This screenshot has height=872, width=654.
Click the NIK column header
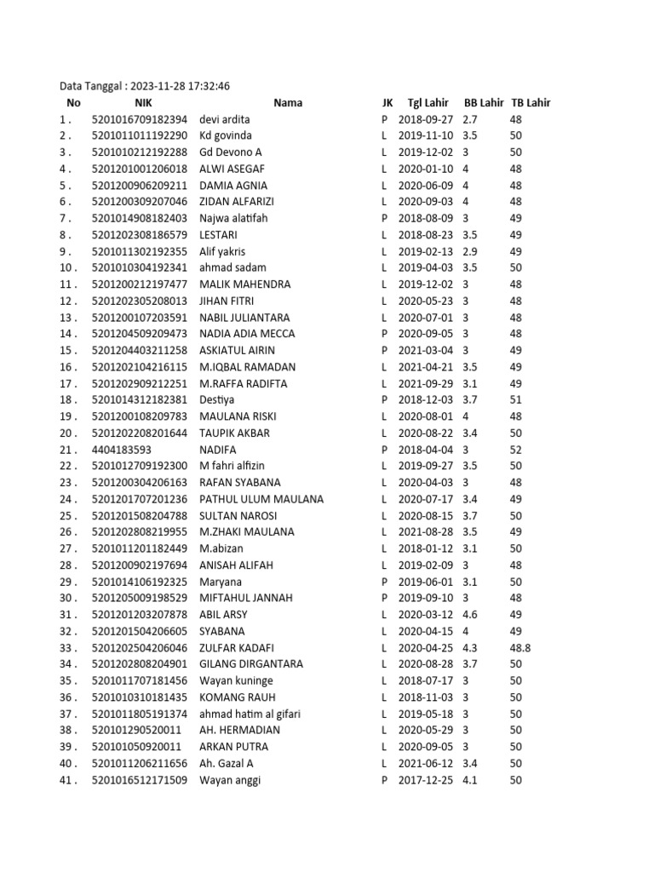tap(142, 103)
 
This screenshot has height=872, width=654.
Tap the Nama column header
tap(288, 103)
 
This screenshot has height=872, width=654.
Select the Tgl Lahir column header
tap(427, 103)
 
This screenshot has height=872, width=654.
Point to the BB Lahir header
tap(483, 103)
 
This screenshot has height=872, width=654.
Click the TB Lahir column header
tap(531, 103)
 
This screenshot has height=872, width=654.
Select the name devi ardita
tap(226, 119)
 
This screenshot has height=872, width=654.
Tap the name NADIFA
tap(218, 450)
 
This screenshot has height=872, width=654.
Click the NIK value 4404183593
tap(121, 450)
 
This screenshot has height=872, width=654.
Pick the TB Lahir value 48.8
tap(519, 648)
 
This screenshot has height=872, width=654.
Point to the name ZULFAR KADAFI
tap(239, 648)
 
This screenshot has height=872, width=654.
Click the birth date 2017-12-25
tap(426, 780)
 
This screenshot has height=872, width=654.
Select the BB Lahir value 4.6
tap(470, 615)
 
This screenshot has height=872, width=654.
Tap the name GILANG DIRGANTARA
tap(251, 664)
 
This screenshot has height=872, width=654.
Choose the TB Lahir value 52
tap(516, 450)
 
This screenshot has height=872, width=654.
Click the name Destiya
tap(217, 400)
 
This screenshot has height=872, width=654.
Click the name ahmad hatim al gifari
tap(250, 714)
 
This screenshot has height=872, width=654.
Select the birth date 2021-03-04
tap(426, 351)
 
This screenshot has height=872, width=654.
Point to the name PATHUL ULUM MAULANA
tap(261, 499)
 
